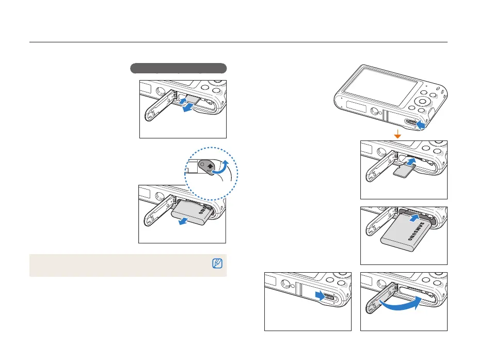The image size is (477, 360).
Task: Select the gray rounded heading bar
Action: [x=178, y=68]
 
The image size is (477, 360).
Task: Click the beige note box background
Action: [x=119, y=265]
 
